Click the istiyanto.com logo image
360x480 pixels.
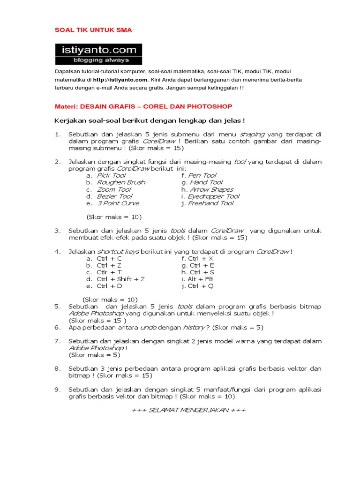tap(98, 54)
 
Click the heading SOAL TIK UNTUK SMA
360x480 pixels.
tap(93, 30)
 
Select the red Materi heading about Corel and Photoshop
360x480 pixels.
tap(144, 107)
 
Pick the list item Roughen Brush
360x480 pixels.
tap(121, 182)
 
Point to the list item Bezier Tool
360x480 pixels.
tap(114, 196)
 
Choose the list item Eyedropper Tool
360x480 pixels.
tap(213, 196)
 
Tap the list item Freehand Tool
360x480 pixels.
tap(210, 203)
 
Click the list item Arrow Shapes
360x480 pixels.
tap(210, 189)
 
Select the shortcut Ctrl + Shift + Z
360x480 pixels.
tap(120, 279)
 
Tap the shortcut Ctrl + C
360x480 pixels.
tap(109, 258)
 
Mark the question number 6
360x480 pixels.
tap(58, 327)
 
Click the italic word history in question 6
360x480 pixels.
tap(194, 327)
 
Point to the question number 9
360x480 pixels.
tap(58, 390)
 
